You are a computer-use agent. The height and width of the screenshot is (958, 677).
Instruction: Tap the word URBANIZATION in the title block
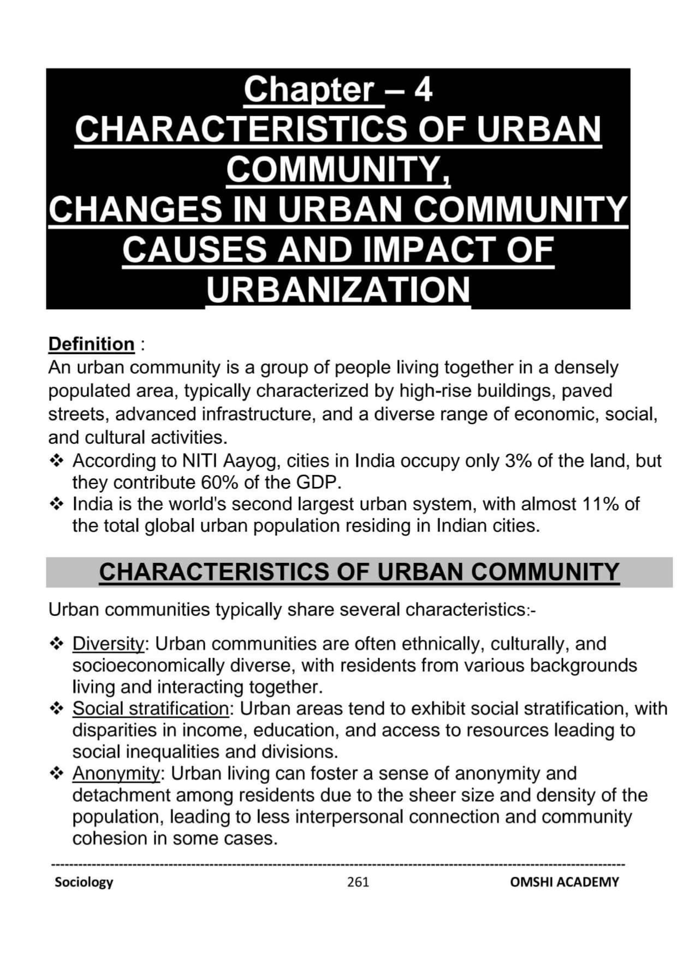coord(338,289)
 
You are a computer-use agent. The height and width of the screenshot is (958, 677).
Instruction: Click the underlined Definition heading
coord(91,344)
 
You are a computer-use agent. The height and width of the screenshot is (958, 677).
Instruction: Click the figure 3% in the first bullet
coord(518,461)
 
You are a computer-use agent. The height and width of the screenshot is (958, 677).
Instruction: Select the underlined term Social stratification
coord(151,709)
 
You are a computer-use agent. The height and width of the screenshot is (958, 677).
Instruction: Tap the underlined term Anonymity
coord(116,773)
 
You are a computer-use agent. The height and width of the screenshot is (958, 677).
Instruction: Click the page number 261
coord(358,882)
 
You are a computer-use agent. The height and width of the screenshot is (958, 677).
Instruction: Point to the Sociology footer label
coord(84,882)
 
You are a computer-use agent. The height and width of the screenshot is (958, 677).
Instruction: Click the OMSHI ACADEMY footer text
coord(564,882)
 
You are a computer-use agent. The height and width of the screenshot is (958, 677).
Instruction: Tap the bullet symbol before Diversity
coord(56,644)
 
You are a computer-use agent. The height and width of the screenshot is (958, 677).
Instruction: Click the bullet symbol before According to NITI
coord(56,461)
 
